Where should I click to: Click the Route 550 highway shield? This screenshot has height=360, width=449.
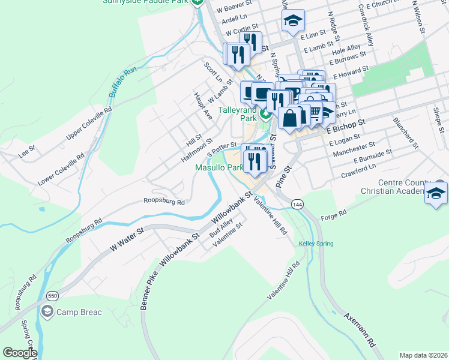(x=52, y=296)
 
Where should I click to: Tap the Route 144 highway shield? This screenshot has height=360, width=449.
(x=297, y=205)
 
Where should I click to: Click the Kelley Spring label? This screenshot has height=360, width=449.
(x=316, y=243)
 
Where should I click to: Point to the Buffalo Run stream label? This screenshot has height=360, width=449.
(x=123, y=85)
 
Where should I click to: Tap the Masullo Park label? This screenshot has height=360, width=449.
(x=219, y=168)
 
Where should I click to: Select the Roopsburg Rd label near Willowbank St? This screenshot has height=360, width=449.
(x=164, y=202)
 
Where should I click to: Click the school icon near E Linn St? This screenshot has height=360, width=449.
(x=294, y=22)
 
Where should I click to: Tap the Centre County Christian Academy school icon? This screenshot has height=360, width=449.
(x=436, y=194)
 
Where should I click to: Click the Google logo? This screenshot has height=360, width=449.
(x=19, y=352)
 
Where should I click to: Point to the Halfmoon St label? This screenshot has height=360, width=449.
(x=197, y=152)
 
